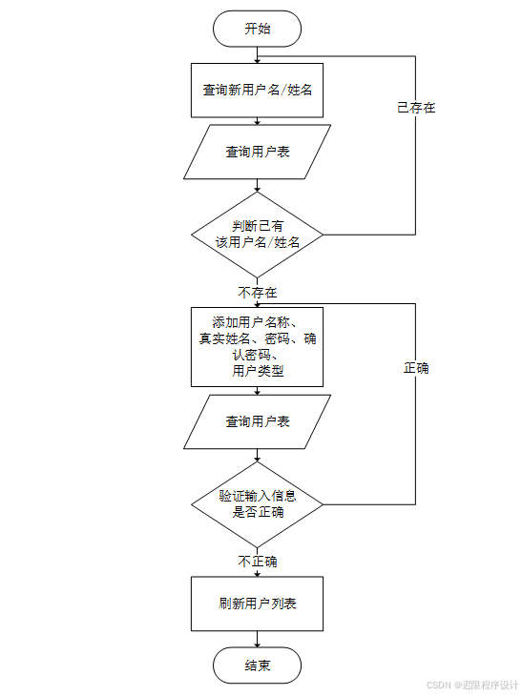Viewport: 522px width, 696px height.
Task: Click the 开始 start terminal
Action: pyautogui.click(x=257, y=29)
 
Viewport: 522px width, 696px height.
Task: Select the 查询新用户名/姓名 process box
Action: pyautogui.click(x=257, y=91)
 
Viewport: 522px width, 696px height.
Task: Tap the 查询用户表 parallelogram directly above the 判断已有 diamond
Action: pyautogui.click(x=257, y=152)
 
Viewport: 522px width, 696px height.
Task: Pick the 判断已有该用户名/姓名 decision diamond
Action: pyautogui.click(x=257, y=235)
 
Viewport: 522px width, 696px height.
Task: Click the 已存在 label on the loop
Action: pyautogui.click(x=416, y=108)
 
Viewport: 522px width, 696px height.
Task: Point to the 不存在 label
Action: pyautogui.click(x=258, y=292)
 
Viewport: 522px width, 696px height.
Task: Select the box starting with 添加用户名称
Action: pyautogui.click(x=257, y=345)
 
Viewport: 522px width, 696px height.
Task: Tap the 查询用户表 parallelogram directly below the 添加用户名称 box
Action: pyautogui.click(x=257, y=421)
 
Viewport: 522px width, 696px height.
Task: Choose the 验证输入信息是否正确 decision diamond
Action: pyautogui.click(x=257, y=503)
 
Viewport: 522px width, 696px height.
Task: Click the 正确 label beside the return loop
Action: pyautogui.click(x=416, y=367)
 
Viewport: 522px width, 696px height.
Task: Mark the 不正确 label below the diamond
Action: pyautogui.click(x=258, y=562)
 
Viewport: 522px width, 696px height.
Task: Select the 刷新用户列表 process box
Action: pyautogui.click(x=257, y=604)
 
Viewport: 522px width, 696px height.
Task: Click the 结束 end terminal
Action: pyautogui.click(x=257, y=665)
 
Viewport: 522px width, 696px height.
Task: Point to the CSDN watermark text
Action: pyautogui.click(x=471, y=685)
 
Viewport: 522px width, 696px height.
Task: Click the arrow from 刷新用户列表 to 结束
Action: pyautogui.click(x=257, y=640)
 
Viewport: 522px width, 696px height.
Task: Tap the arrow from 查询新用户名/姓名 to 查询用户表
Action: pyautogui.click(x=257, y=121)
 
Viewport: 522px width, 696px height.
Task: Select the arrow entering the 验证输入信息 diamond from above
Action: pyautogui.click(x=257, y=457)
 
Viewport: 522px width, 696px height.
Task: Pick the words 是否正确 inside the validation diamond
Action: pyautogui.click(x=258, y=512)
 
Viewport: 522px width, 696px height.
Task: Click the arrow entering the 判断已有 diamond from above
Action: pyautogui.click(x=257, y=186)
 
